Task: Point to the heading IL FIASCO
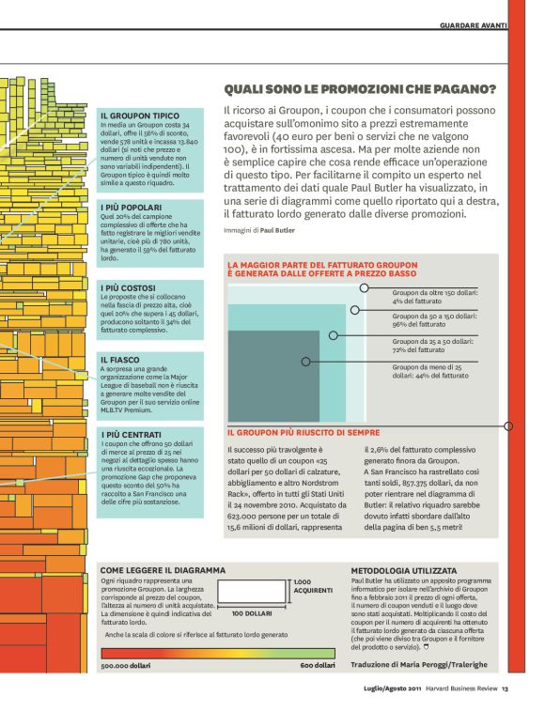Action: [122, 360]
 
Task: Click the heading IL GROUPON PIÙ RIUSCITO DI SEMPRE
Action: [304, 433]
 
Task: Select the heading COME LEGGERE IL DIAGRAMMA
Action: [163, 570]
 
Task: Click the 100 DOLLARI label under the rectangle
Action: [252, 612]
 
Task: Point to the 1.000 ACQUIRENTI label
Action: [313, 587]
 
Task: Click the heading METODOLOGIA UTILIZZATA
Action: [404, 570]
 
